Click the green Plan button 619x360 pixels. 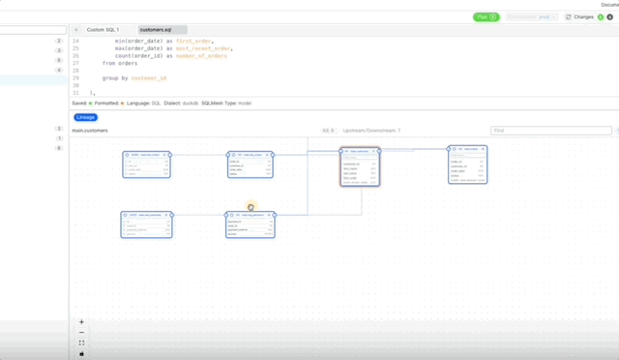[x=486, y=16]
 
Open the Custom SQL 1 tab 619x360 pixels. [x=102, y=30]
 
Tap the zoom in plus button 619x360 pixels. [x=81, y=322]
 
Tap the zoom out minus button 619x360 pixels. [x=81, y=333]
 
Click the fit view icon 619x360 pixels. [x=81, y=344]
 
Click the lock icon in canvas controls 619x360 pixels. [x=81, y=353]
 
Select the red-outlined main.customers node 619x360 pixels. [x=360, y=165]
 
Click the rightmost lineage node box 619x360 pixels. [x=467, y=164]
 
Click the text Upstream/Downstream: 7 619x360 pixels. [x=371, y=130]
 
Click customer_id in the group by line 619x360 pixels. [x=149, y=77]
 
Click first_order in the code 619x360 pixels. [x=193, y=42]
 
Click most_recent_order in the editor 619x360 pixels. [x=205, y=48]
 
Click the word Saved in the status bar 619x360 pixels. [x=79, y=101]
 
